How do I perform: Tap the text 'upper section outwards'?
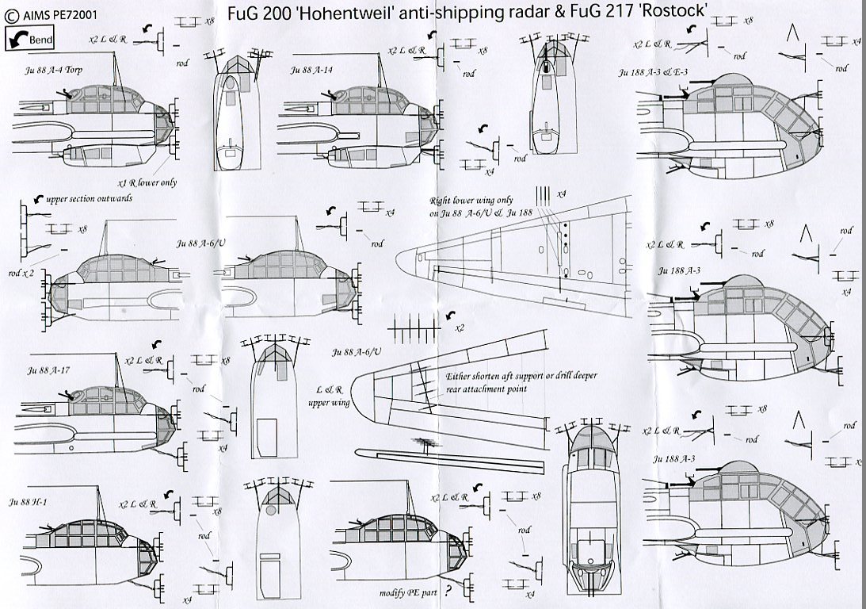88,198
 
